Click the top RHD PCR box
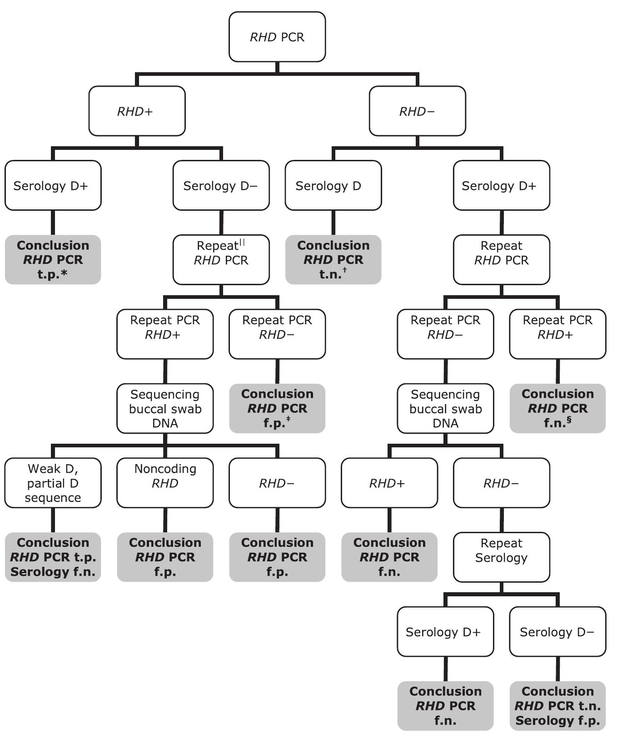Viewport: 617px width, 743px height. tap(277, 37)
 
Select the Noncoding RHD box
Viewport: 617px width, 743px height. tap(165, 482)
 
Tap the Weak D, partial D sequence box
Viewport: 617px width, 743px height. tap(53, 482)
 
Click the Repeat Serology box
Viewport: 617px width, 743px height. tap(501, 557)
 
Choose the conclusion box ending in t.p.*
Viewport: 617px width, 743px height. tap(53, 259)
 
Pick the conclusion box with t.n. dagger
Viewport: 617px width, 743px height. tap(333, 259)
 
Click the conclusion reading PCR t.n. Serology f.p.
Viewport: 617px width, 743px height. tap(557, 705)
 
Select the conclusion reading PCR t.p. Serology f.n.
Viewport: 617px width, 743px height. tap(53, 557)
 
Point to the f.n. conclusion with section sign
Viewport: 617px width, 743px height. tap(557, 408)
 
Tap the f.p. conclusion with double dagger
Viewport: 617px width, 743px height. tap(277, 408)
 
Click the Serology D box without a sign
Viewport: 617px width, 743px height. tap(333, 185)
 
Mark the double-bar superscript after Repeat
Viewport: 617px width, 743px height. tap(242, 243)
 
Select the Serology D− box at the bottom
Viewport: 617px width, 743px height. tap(557, 631)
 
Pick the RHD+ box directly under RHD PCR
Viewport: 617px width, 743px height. tap(137, 111)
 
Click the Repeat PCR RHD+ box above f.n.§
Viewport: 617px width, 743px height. tap(557, 334)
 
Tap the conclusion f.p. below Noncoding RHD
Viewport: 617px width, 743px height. tap(165, 557)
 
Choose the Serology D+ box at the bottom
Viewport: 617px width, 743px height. tap(445, 631)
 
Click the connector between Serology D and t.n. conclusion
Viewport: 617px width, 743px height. tap(333, 223)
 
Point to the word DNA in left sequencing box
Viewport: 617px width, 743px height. tap(165, 423)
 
